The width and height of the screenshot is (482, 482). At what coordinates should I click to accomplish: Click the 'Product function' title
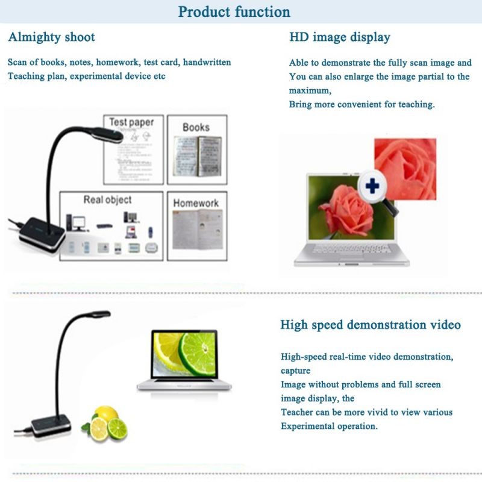click(x=234, y=11)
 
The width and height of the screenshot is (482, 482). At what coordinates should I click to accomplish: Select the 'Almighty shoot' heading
click(x=52, y=37)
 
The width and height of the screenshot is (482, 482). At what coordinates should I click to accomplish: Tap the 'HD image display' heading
click(x=340, y=37)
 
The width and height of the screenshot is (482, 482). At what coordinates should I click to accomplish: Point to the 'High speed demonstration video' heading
click(x=371, y=325)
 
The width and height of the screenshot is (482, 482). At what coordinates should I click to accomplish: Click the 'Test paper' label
click(x=131, y=122)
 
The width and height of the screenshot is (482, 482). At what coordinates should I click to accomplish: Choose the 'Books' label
click(x=196, y=127)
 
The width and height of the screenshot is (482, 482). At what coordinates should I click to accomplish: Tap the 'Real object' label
click(x=107, y=199)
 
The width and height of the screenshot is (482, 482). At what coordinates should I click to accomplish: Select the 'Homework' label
click(x=196, y=203)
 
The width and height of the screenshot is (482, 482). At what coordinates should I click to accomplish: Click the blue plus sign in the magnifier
click(x=372, y=186)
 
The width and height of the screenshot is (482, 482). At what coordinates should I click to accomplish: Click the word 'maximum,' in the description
click(x=310, y=90)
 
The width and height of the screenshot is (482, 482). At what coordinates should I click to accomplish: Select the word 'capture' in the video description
click(x=295, y=371)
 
